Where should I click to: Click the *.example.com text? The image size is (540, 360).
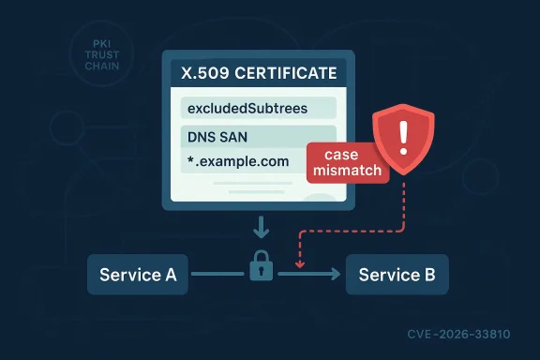pos(237,162)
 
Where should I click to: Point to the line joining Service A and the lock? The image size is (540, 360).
pos(218,275)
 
